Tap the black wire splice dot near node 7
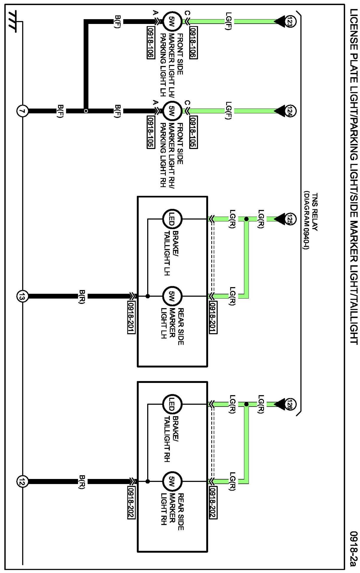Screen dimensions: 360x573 point(86,111)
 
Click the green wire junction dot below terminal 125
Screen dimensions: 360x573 point(246,219)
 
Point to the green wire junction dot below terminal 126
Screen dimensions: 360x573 point(246,404)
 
